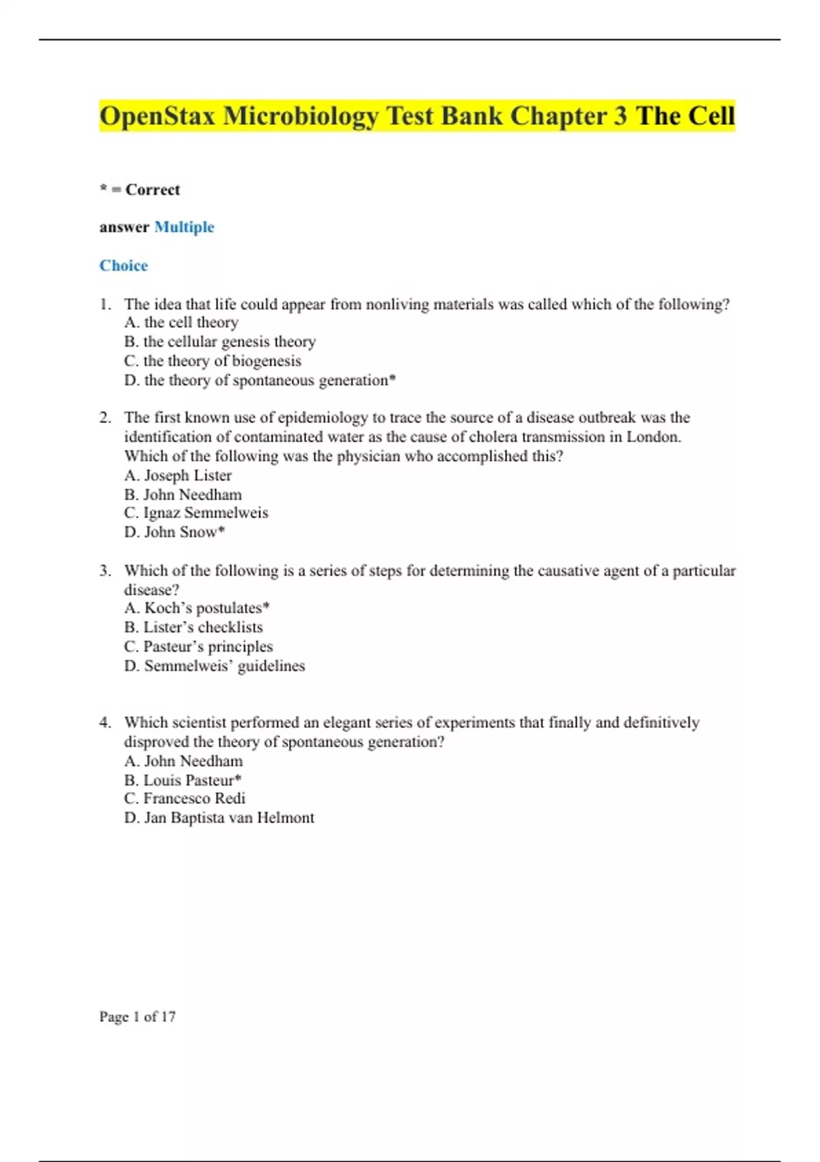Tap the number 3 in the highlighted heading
tap(620, 116)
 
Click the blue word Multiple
tap(184, 227)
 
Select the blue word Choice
tap(124, 265)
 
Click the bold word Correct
tap(152, 189)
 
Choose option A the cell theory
tap(182, 323)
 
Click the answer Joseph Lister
tap(178, 475)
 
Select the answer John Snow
tap(175, 532)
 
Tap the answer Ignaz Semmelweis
tap(196, 513)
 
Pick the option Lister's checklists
tap(193, 627)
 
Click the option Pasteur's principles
tap(199, 646)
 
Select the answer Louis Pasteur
tap(183, 780)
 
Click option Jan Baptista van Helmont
tap(219, 818)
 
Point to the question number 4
tap(105, 722)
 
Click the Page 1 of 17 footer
tap(137, 1016)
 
